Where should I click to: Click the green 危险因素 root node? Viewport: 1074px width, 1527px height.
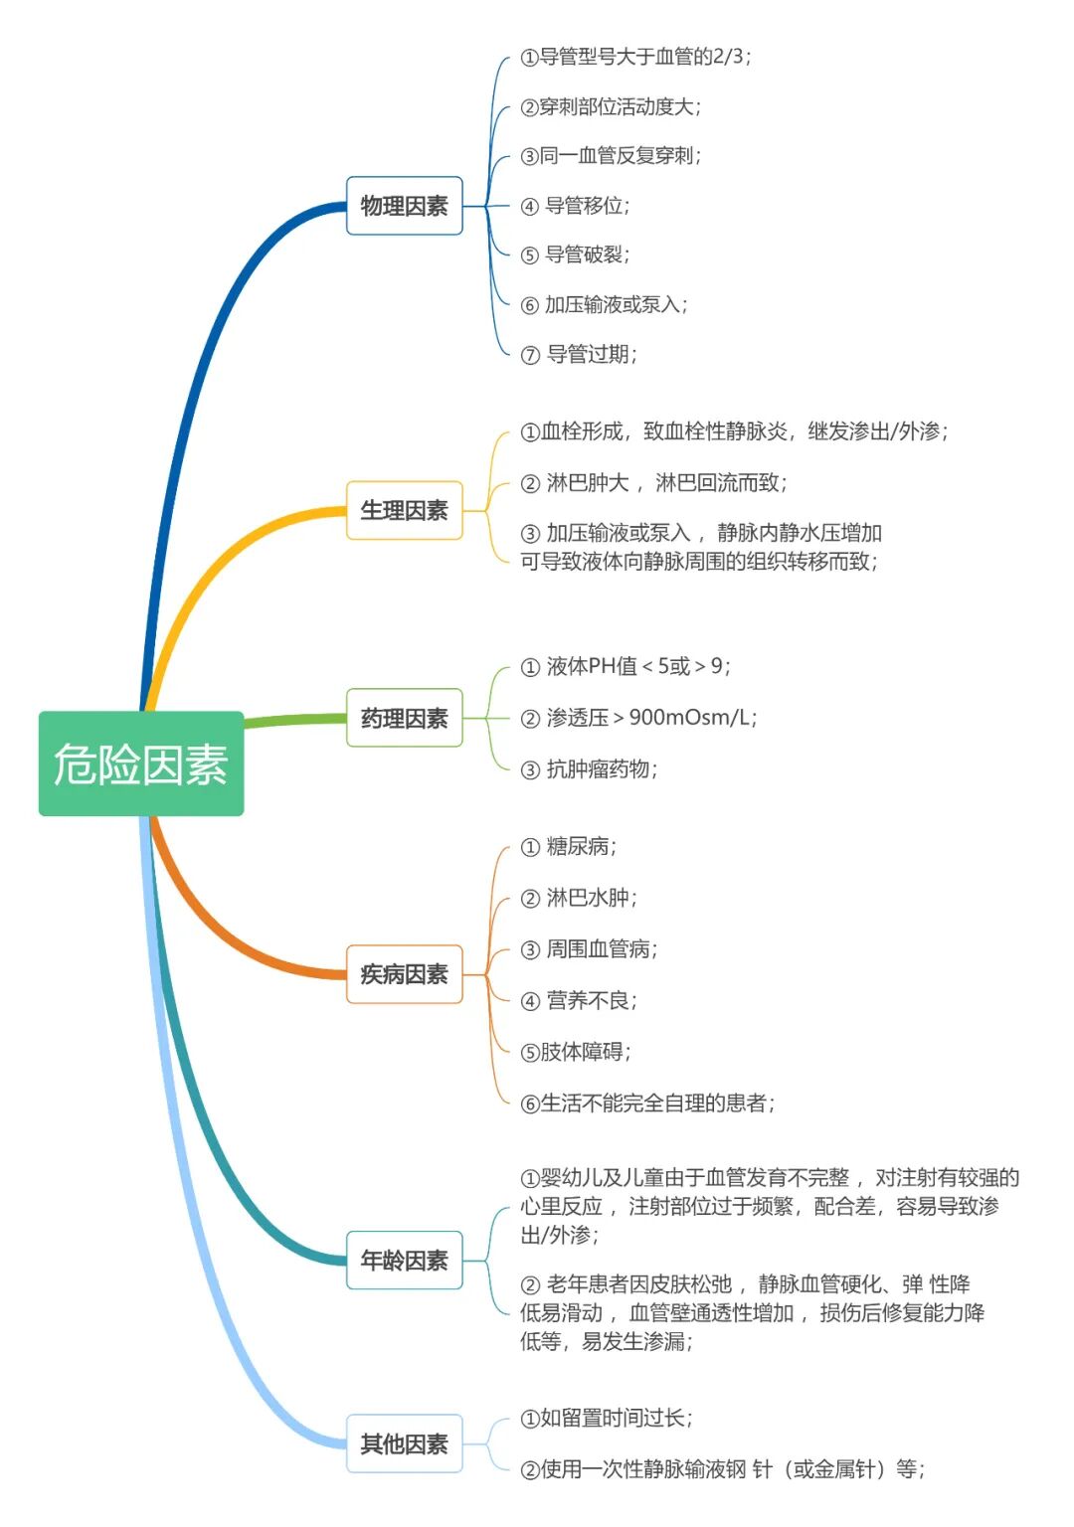(x=141, y=763)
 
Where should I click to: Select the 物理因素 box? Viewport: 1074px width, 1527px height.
(x=404, y=206)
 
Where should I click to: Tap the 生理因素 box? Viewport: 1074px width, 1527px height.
(x=404, y=510)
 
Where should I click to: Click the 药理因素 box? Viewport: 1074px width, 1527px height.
(x=404, y=718)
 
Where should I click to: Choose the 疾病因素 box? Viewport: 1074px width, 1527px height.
(x=404, y=974)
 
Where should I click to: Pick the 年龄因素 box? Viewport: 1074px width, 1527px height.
(x=404, y=1261)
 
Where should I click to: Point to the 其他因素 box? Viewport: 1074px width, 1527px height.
(x=404, y=1443)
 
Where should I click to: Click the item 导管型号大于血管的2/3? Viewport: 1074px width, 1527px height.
(x=636, y=57)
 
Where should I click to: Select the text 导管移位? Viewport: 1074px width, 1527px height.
(x=587, y=206)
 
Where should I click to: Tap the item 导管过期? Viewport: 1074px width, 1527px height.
(x=591, y=354)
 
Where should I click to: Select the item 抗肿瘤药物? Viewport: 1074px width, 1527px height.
(x=601, y=769)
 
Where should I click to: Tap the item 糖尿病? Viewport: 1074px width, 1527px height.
(x=581, y=847)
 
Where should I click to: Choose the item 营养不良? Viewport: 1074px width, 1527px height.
(x=591, y=1000)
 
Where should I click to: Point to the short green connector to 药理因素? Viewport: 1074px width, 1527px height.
(x=294, y=720)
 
